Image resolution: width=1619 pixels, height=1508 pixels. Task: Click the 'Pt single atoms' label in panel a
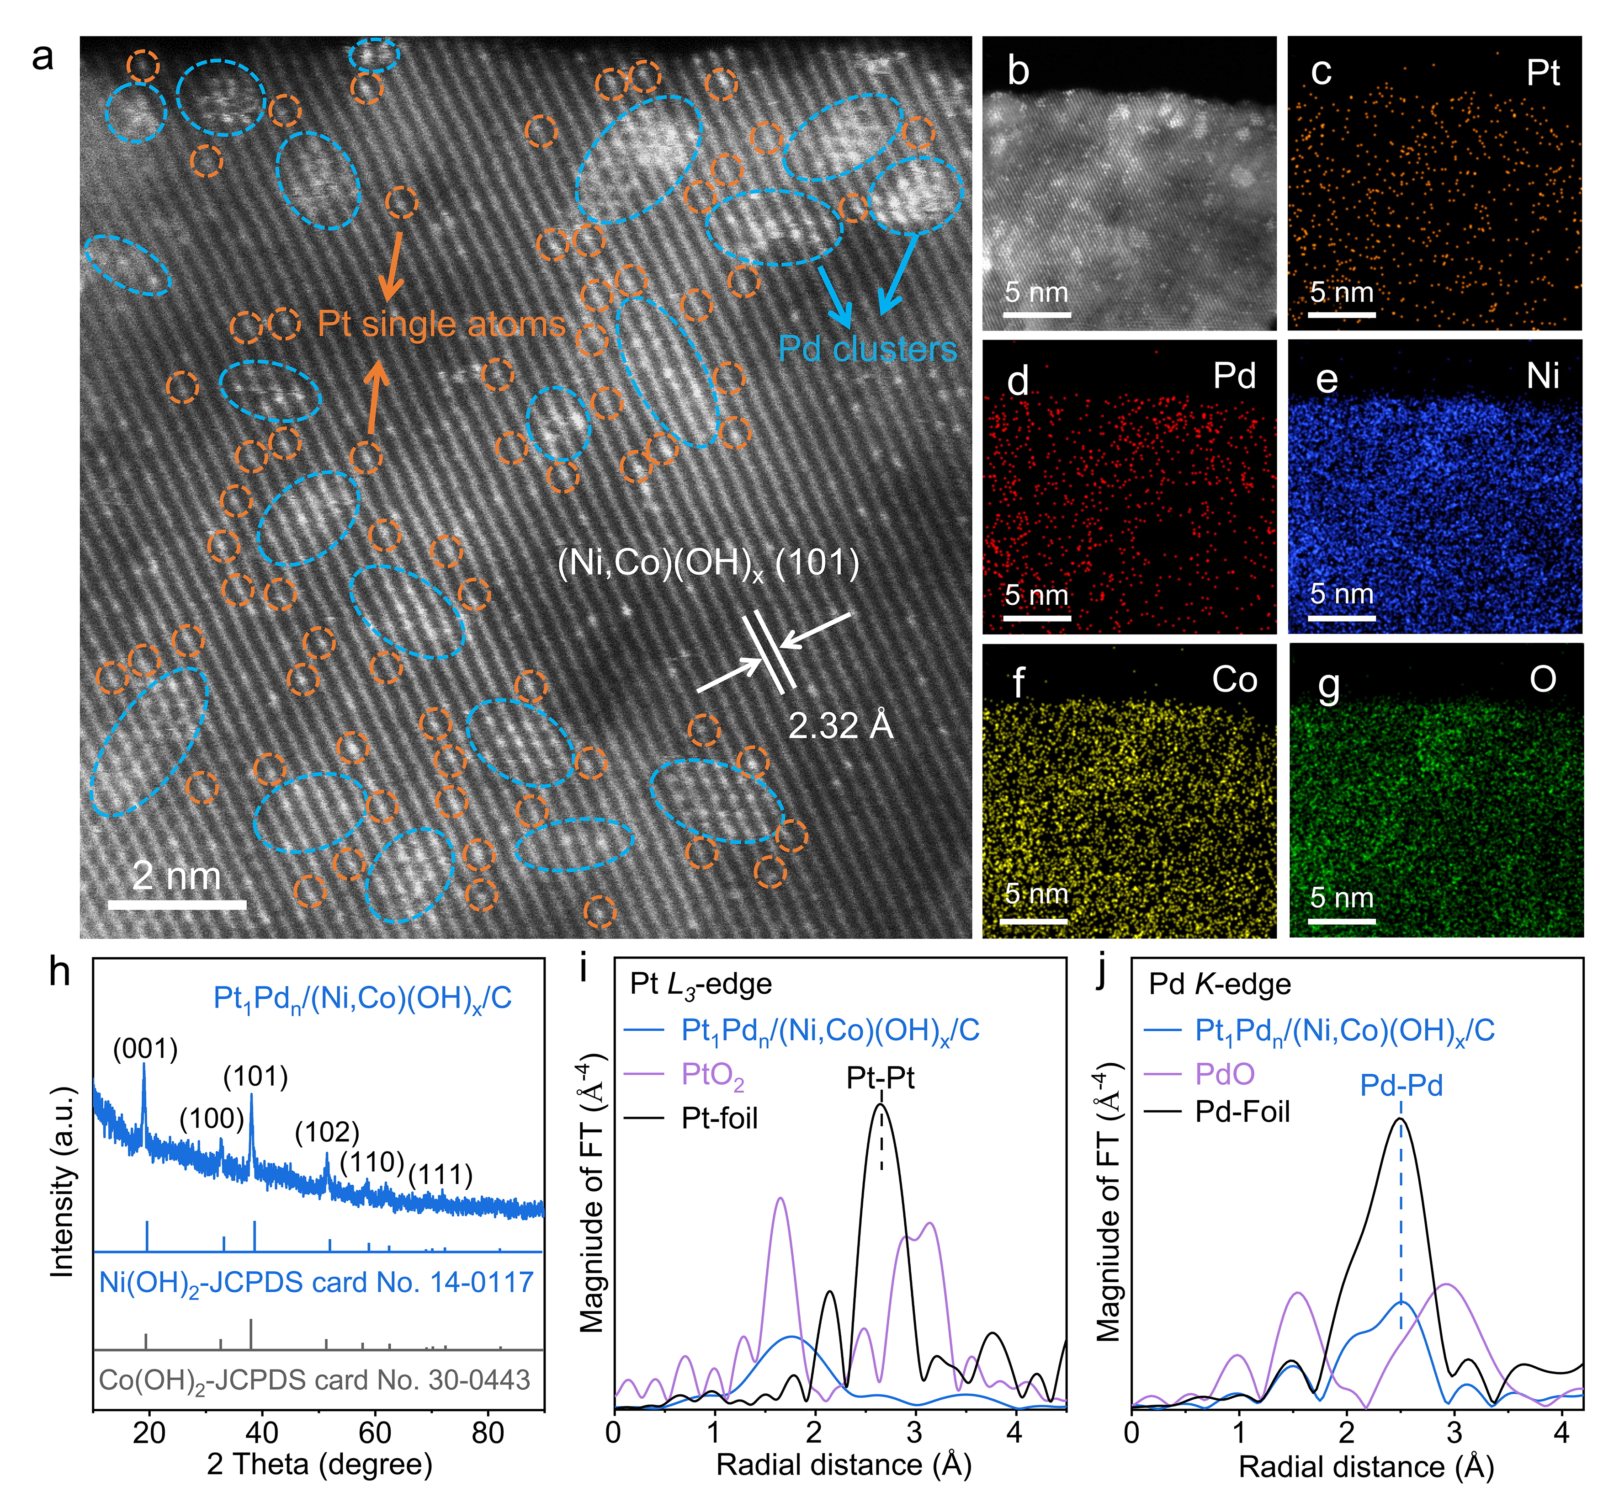pyautogui.click(x=441, y=324)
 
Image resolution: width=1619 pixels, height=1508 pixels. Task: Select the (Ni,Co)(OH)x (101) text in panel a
pyautogui.click(x=708, y=564)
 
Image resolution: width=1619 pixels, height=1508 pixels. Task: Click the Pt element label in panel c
pyautogui.click(x=1542, y=73)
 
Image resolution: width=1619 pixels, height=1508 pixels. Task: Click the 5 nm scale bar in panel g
pyautogui.click(x=1341, y=921)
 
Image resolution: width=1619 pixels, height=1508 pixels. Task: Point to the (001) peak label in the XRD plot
pyautogui.click(x=145, y=1049)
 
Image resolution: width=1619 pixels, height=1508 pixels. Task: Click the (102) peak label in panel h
pyautogui.click(x=327, y=1132)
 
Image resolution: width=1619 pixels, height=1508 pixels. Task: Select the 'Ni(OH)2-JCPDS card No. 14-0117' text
pyautogui.click(x=316, y=1282)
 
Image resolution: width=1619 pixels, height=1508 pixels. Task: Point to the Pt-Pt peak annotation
pyautogui.click(x=881, y=1078)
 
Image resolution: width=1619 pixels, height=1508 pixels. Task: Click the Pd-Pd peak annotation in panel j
pyautogui.click(x=1401, y=1085)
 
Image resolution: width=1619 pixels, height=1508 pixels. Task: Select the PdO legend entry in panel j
pyautogui.click(x=1224, y=1074)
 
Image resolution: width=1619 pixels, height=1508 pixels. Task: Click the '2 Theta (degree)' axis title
pyautogui.click(x=319, y=1464)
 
